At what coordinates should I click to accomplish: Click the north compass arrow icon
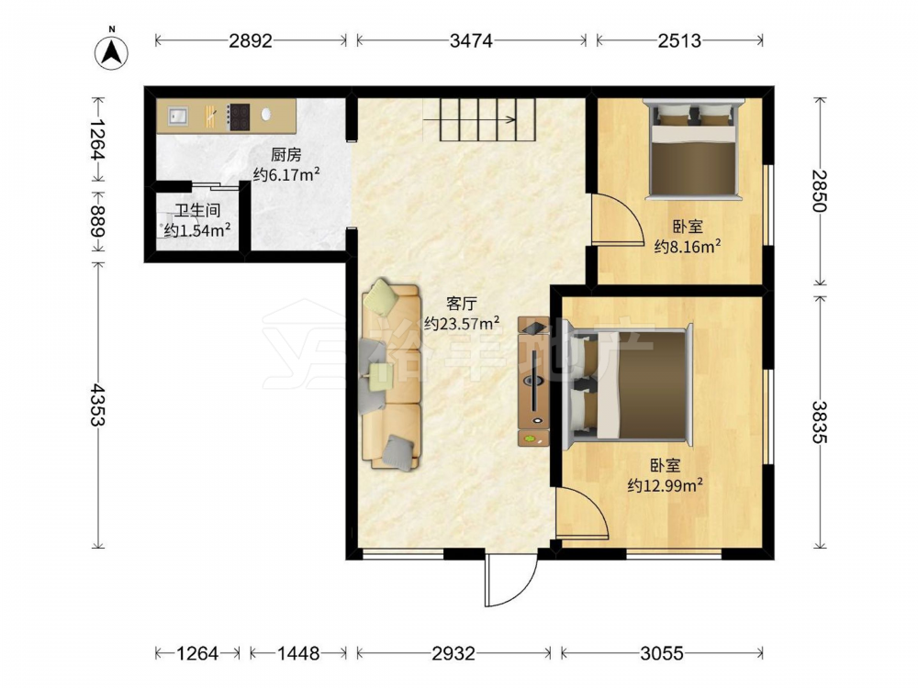(111, 51)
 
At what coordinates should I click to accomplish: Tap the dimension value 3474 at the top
(471, 40)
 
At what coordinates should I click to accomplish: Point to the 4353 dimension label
(97, 405)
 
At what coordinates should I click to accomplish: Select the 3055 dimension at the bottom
(662, 653)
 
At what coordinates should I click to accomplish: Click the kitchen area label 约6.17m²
(286, 174)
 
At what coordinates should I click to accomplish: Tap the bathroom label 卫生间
(196, 211)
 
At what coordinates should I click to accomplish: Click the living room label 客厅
(462, 303)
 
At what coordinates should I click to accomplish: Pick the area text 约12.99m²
(665, 485)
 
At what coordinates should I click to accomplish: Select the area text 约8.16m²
(688, 247)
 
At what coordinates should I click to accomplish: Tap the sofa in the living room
(391, 375)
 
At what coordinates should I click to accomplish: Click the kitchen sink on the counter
(178, 116)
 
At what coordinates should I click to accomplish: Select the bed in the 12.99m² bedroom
(627, 386)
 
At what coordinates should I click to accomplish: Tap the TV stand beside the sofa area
(533, 382)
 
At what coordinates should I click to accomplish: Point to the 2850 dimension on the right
(820, 191)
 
